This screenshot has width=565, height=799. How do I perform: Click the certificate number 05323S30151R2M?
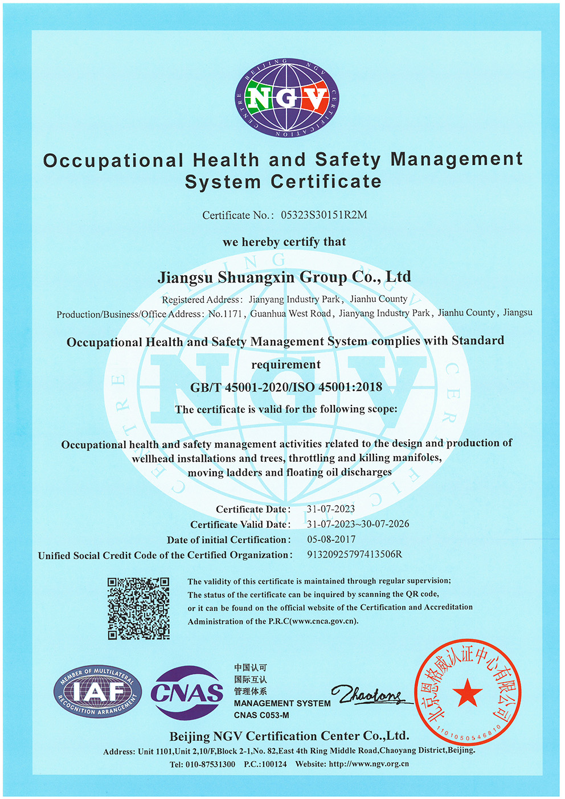coord(324,215)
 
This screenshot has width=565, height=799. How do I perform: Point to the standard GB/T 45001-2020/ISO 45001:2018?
coord(286,387)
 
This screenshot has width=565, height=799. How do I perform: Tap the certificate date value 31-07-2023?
coord(331,509)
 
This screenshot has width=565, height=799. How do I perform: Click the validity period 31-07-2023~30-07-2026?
coord(358,524)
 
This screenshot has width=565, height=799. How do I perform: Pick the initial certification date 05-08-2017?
coord(331,539)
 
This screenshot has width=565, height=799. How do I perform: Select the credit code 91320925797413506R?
coord(354,554)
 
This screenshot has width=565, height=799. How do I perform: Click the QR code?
coord(138,608)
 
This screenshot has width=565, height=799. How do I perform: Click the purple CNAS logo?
coord(187,693)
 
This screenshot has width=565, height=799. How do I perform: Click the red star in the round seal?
coord(468,693)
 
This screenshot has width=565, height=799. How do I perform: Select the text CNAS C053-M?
coord(261,715)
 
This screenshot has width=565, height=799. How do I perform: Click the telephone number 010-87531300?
coord(210,764)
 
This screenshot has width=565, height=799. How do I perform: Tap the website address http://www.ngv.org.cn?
coord(369,764)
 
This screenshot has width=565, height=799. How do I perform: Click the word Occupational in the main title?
coord(113,161)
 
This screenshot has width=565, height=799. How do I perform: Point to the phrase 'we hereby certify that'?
coord(284,242)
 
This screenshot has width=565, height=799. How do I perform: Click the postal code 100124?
coord(274,764)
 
